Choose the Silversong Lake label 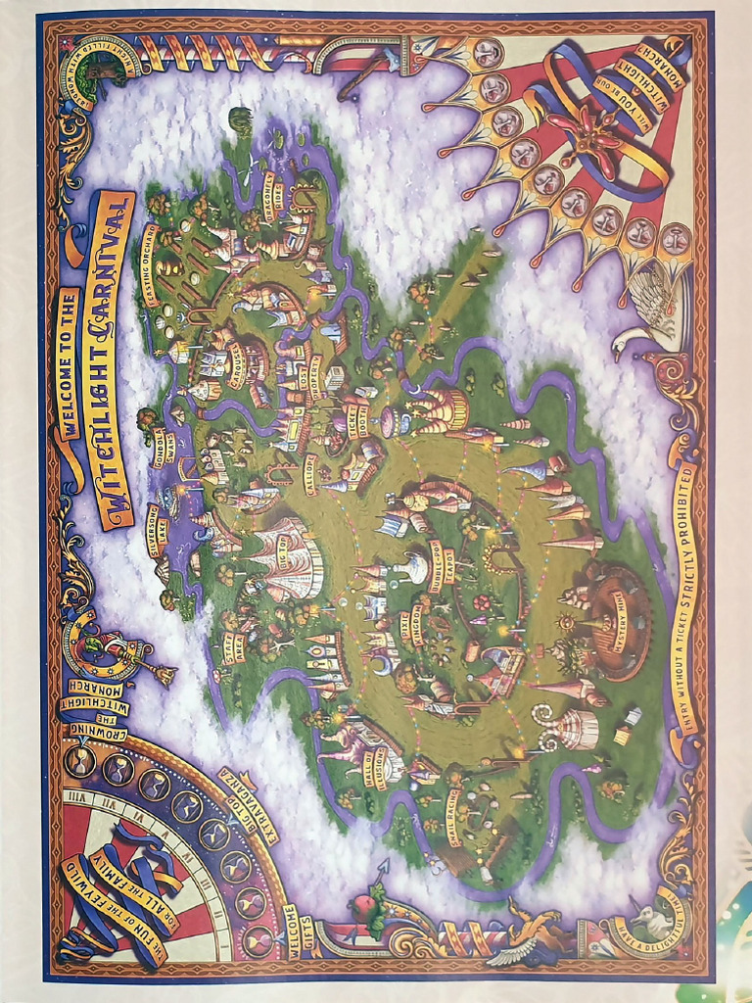pos(158,530)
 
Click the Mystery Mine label pos(615,642)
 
